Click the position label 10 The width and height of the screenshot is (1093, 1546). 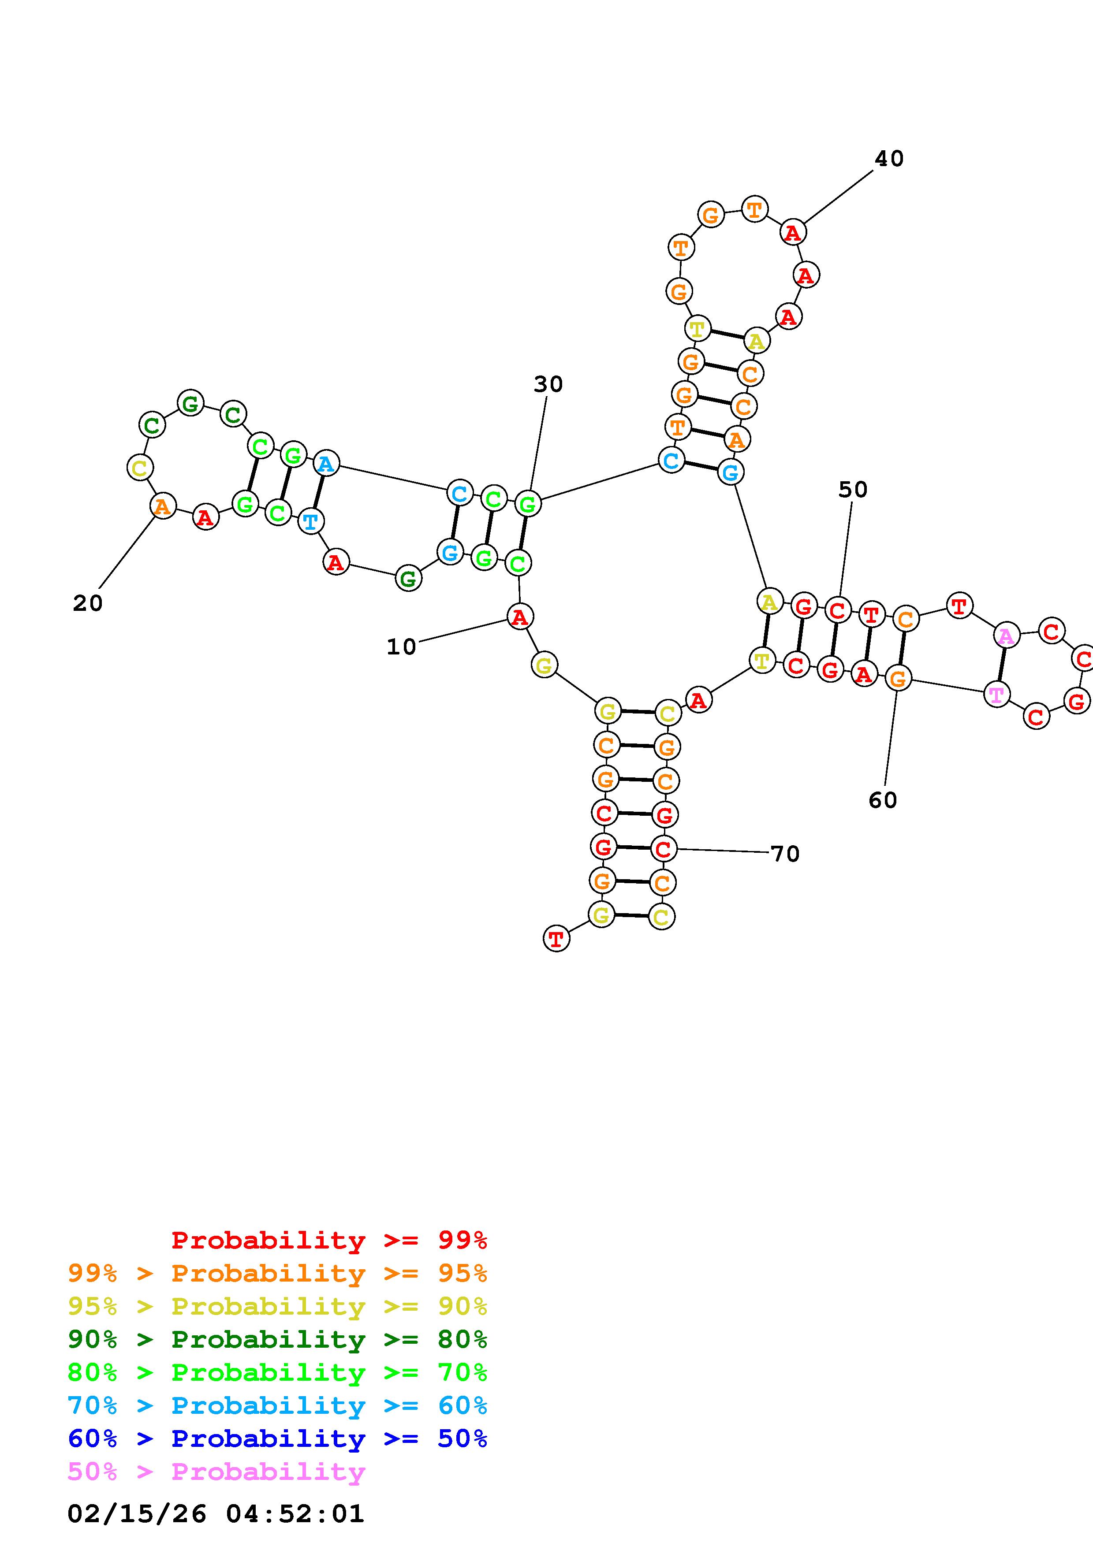tap(401, 647)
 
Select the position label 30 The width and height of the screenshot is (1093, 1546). tap(548, 384)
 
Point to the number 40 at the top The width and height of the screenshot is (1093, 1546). tap(888, 159)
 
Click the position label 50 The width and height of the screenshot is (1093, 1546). tap(853, 490)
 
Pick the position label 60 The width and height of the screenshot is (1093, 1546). tap(882, 800)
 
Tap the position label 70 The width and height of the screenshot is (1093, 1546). tap(784, 854)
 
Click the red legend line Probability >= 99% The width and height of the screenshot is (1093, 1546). tap(329, 1240)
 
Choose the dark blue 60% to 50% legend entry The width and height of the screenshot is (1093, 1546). tap(277, 1439)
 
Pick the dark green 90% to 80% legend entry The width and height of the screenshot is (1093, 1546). tap(277, 1340)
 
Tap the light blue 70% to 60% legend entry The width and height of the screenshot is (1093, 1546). tap(277, 1406)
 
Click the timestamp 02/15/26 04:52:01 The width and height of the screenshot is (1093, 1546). tap(216, 1514)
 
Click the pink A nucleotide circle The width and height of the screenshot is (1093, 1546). tap(1005, 635)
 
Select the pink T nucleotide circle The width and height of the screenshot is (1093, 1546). tap(996, 694)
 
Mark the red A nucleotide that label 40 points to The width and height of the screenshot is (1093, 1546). tap(793, 232)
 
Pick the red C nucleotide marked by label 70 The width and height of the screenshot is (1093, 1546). tap(664, 848)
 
